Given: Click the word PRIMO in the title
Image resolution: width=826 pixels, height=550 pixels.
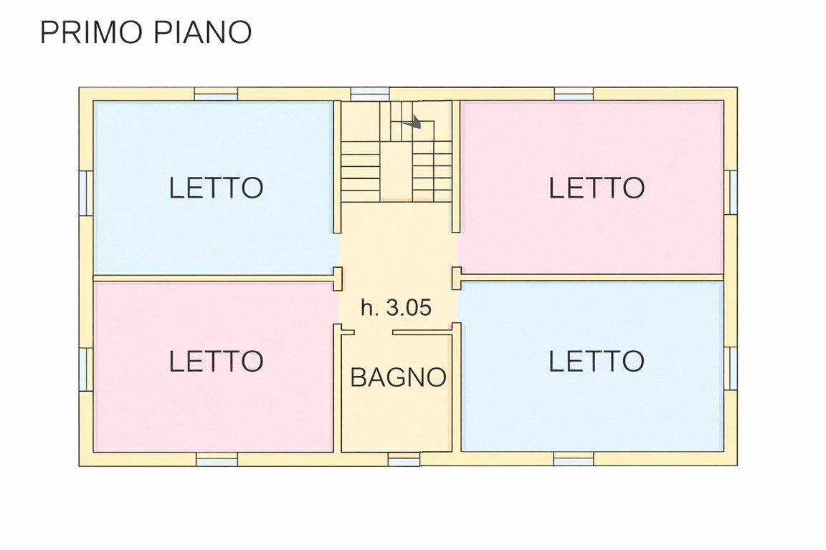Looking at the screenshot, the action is coord(92,32).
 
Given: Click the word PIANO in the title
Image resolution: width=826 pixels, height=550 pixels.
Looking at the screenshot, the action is coord(204,32).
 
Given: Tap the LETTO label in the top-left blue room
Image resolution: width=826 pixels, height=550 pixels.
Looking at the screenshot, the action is coord(216,188).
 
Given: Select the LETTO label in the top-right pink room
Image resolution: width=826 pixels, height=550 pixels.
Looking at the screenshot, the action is coord(597,188).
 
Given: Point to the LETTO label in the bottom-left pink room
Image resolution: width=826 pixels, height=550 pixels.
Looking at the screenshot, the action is coord(216,361).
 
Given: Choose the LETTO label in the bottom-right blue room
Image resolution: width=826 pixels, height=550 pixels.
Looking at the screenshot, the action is coord(597,361).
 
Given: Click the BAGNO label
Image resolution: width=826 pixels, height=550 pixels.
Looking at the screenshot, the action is coord(398,377).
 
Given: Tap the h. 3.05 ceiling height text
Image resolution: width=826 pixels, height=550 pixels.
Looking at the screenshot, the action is coord(396,307).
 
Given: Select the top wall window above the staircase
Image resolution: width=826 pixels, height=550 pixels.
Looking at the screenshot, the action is coord(370,95).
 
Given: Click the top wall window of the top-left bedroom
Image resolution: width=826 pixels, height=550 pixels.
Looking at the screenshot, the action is coord(216,95).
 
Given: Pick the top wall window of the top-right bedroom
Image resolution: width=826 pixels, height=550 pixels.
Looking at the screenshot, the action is coord(574,95).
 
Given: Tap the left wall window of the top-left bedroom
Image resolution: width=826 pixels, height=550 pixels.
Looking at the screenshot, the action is coord(86,193).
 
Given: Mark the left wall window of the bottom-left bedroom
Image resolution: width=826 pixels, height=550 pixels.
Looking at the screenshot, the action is coord(86,369).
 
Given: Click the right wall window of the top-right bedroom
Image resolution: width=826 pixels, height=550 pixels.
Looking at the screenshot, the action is coord(731,192).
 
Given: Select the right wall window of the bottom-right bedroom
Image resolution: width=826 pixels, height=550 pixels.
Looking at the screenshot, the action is coord(731,368).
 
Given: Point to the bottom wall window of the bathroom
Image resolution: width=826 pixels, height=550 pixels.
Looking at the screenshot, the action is coord(404,459).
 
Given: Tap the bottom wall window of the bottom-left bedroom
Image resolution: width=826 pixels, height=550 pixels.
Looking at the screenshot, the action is coord(217,459).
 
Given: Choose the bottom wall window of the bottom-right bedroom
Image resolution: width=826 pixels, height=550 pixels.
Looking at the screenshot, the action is coord(574,459).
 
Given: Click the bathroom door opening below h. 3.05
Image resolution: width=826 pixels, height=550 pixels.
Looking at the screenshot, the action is coord(374,332).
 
